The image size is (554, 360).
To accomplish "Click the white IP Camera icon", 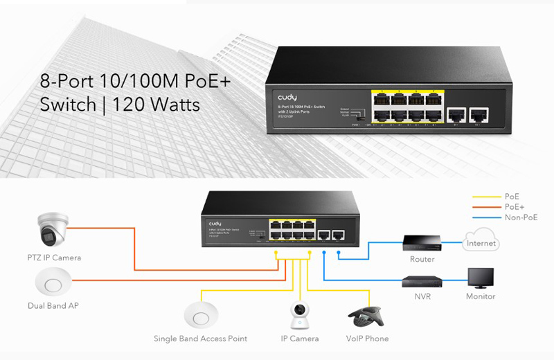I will pos(299,315).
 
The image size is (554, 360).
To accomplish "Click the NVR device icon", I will pos(422,281).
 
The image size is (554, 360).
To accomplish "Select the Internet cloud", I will pos(481,244).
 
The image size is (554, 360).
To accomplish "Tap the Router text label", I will pos(422,260).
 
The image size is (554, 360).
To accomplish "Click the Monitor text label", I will pos(480,296).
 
